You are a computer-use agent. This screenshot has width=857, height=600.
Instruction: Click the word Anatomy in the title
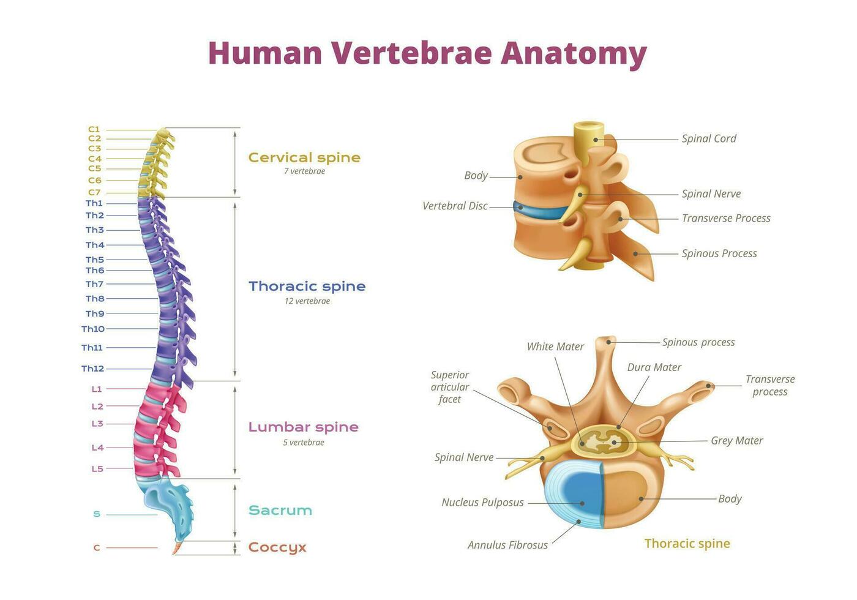coord(574,53)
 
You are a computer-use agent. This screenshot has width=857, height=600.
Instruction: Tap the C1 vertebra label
coord(94,129)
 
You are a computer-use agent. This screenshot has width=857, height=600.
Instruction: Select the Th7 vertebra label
coord(94,284)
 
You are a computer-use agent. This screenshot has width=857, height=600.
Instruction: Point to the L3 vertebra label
coord(97,424)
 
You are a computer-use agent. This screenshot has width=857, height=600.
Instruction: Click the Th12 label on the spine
coord(92,369)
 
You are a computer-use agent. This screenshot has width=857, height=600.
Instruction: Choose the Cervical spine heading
coord(304,158)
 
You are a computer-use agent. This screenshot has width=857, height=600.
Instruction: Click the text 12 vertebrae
coord(307,301)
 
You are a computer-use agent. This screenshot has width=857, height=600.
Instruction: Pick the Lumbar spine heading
coord(303,427)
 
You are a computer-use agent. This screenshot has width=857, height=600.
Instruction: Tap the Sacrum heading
coord(280,511)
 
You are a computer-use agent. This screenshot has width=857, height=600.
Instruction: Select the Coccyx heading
coord(277,547)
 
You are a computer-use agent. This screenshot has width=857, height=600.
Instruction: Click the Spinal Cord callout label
coord(709,139)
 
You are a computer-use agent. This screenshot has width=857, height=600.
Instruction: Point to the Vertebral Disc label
coord(455,206)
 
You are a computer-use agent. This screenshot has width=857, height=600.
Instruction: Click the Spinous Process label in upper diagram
coord(719,253)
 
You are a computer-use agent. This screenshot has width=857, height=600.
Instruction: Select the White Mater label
coord(555,347)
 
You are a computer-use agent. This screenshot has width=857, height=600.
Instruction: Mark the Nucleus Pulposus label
coord(482,503)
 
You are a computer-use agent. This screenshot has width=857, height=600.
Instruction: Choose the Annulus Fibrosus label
coord(507,545)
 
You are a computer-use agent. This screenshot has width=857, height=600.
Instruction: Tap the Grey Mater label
coord(736,441)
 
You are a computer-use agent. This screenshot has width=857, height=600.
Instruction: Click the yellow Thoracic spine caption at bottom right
coord(687,544)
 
